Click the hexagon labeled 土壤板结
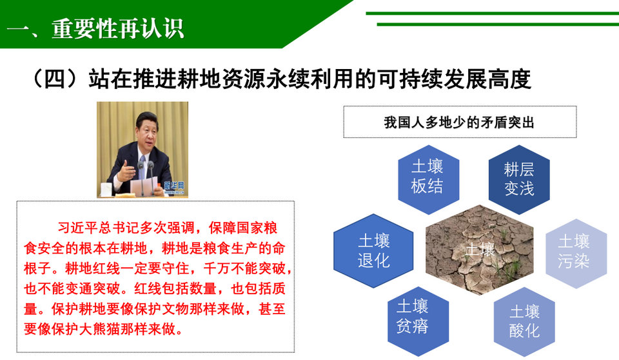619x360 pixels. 428,180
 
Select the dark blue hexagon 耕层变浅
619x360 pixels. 519,180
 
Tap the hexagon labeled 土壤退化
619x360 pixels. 373,250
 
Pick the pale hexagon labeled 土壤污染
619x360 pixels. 576,254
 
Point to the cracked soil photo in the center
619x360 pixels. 479,250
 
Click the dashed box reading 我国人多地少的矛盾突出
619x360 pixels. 460,122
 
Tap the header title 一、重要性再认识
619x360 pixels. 95,29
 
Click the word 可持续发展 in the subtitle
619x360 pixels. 432,79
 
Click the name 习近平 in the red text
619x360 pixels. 78,228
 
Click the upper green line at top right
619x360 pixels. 492,14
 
